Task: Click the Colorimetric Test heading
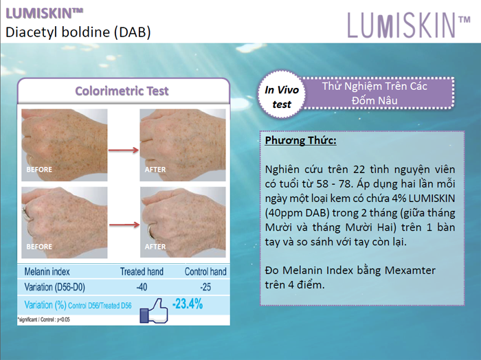(122, 91)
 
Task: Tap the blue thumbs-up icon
(154, 311)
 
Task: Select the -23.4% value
(188, 304)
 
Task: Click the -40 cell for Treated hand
(142, 287)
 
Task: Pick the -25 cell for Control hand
(205, 287)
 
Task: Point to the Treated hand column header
(142, 271)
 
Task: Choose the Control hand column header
(205, 271)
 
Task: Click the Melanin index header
(47, 271)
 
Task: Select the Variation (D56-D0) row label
(54, 287)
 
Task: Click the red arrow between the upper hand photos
(124, 150)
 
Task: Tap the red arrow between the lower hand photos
(124, 225)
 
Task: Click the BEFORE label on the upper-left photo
(39, 170)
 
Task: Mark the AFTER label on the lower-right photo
(155, 247)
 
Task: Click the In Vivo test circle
(282, 94)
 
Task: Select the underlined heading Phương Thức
(301, 140)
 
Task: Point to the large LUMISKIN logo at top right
(409, 25)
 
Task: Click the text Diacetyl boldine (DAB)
(78, 32)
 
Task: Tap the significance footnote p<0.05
(43, 319)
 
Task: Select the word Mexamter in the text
(410, 270)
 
